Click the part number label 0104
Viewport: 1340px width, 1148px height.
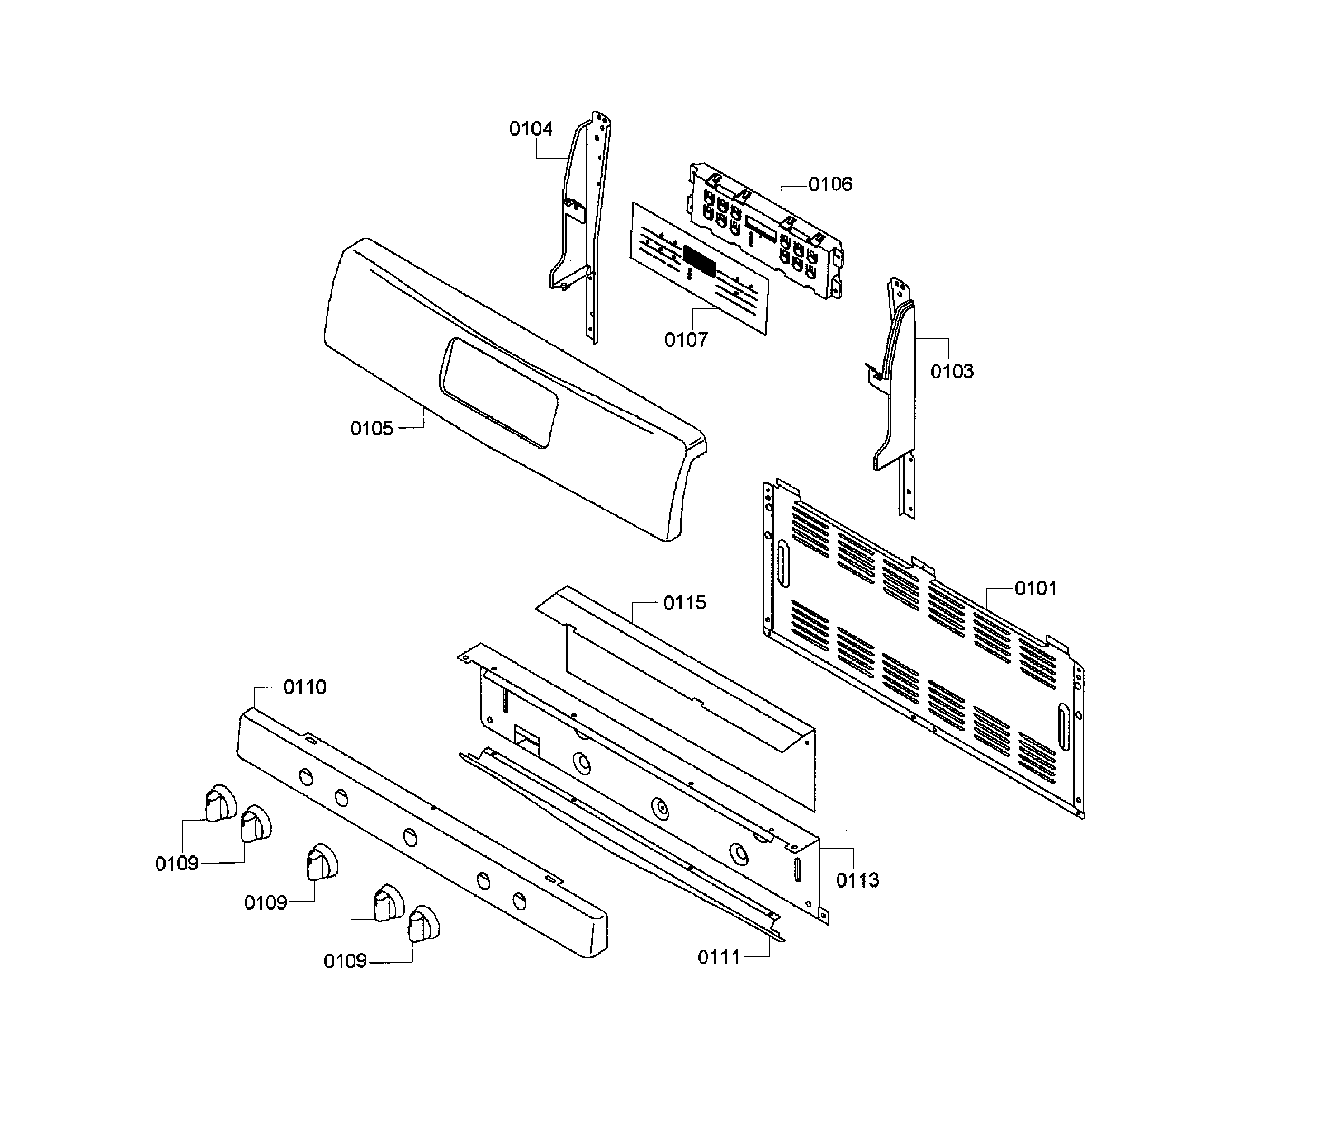tap(530, 129)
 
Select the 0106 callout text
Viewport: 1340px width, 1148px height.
tap(830, 184)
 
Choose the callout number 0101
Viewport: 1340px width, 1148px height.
tap(1035, 589)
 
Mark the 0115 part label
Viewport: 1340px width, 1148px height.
tap(684, 603)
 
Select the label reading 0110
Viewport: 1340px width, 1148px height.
tap(305, 687)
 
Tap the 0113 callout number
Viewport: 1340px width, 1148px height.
tap(857, 880)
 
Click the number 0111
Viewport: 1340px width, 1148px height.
tap(718, 957)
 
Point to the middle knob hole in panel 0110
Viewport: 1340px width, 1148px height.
tap(410, 837)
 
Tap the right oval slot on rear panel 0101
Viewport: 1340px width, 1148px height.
tap(1063, 729)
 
